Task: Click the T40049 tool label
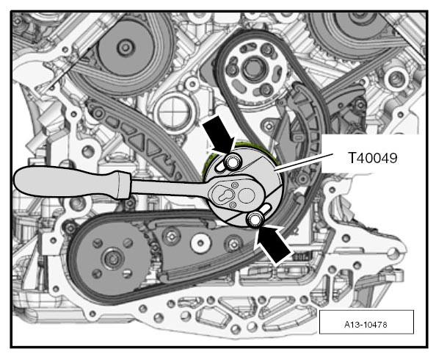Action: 373,158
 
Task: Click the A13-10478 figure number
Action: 366,324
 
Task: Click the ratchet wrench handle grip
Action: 72,182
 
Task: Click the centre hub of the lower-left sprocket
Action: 112,259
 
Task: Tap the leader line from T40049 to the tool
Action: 303,162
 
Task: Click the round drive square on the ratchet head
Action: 246,195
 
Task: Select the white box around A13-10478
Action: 366,322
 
